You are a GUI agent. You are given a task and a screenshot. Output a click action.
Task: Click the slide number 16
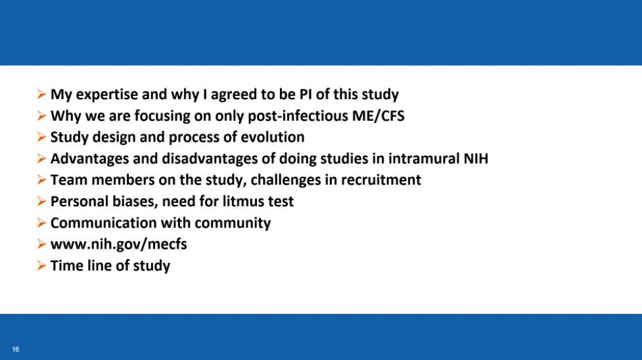16,349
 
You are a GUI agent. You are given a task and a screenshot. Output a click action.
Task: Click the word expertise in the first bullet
107,95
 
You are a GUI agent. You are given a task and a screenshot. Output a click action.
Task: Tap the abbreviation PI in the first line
306,94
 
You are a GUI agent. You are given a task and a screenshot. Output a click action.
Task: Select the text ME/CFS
378,116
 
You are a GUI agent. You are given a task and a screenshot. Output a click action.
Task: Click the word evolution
272,137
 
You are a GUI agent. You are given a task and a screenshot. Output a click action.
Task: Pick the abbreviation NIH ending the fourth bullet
476,158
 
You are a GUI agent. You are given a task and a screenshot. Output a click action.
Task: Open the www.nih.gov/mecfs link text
119,244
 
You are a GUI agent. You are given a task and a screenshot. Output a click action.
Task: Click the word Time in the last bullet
64,265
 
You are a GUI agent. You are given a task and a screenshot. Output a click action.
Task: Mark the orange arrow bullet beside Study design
41,137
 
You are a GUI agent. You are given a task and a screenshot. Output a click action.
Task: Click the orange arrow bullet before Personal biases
41,201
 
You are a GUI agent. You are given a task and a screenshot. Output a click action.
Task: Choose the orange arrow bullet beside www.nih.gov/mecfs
41,244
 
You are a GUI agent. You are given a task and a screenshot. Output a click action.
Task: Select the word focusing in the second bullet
162,116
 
